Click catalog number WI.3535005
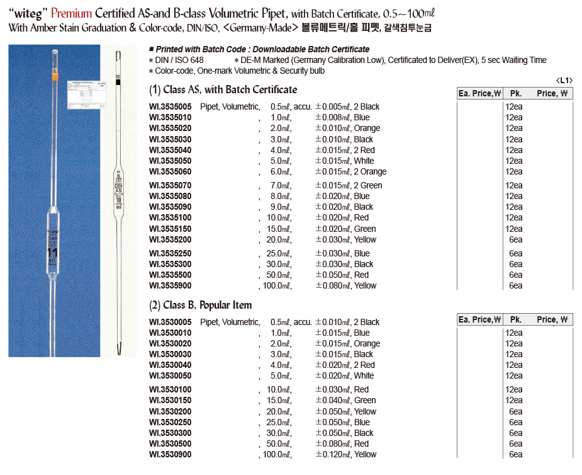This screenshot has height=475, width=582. (x=170, y=106)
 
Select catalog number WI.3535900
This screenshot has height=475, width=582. (x=170, y=285)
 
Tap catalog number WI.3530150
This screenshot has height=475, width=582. (x=170, y=400)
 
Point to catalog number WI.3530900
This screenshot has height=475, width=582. (x=170, y=454)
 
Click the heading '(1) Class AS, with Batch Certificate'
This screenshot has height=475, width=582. (x=223, y=89)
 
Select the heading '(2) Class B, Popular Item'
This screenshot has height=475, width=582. (x=201, y=305)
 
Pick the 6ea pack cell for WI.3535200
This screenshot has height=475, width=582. (x=515, y=239)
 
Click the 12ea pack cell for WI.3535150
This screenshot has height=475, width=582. (x=513, y=229)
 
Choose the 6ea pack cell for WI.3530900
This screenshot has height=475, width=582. (x=515, y=454)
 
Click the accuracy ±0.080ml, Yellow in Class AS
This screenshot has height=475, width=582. (x=345, y=285)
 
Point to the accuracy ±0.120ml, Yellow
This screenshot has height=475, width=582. (x=345, y=454)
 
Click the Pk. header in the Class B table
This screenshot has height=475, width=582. (x=516, y=319)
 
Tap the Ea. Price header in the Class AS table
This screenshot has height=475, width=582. (x=479, y=93)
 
